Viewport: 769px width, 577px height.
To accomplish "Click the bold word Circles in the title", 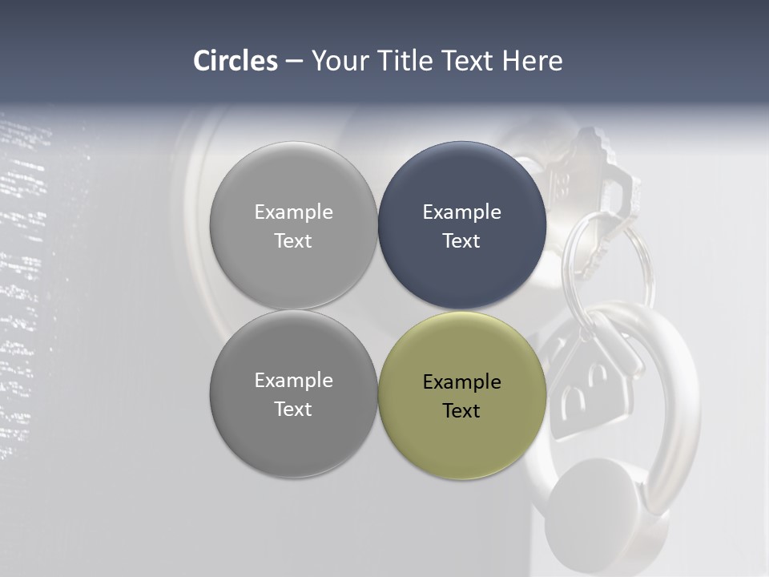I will pos(235,61).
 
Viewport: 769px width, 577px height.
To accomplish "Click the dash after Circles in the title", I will pos(294,62).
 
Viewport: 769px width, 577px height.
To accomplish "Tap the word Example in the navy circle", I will pos(461,212).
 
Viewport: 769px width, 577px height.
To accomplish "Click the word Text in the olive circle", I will pos(461,411).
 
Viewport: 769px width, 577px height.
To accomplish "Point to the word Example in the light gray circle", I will pos(293,212).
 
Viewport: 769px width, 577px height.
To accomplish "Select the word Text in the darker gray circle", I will pos(293,410).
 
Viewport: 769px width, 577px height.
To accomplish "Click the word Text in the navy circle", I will pos(461,241).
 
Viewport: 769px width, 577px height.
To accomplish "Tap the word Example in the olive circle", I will pos(461,382).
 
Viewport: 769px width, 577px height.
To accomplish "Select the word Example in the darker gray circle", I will pos(293,381).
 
